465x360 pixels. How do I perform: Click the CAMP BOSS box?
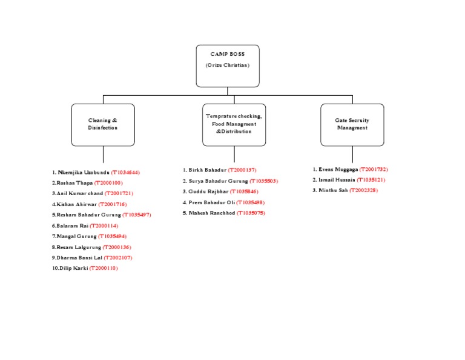(x=228, y=65)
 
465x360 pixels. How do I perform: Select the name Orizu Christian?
(x=228, y=65)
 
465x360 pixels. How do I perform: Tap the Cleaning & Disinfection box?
(x=103, y=124)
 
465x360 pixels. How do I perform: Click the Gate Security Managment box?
(x=352, y=124)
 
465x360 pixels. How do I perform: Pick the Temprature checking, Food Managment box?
(x=234, y=124)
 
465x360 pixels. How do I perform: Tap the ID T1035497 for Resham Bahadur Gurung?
(x=137, y=215)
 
